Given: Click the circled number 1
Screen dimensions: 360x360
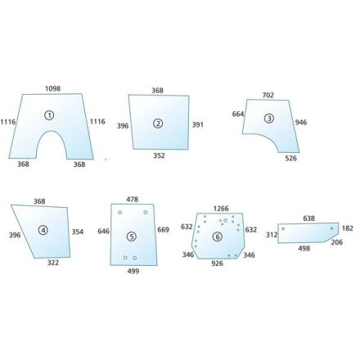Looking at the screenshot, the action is (49, 115).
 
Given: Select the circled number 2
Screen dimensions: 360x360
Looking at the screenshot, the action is (158, 124).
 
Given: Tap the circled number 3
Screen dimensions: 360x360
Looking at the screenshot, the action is (269, 119).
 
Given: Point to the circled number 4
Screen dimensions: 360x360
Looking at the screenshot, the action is (43, 230).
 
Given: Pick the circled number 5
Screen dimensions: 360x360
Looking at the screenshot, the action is (132, 236).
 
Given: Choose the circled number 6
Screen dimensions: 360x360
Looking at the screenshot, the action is (218, 236).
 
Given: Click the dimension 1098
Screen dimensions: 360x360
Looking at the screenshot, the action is (52, 88).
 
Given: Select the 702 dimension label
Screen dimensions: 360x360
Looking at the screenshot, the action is (268, 95).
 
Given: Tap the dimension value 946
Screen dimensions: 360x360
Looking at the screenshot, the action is (301, 123).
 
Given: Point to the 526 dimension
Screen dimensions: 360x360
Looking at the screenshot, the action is (290, 158).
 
